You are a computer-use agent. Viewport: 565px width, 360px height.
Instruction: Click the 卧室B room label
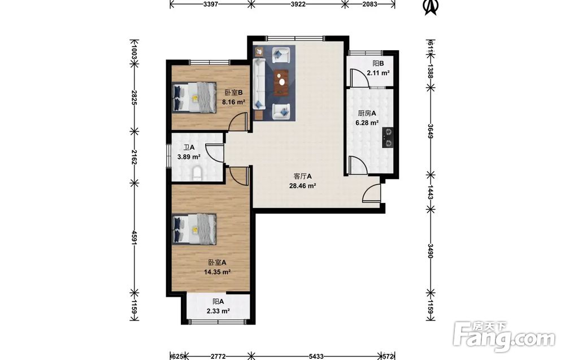pyautogui.click(x=233, y=93)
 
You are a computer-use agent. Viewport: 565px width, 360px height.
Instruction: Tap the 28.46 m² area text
pyautogui.click(x=303, y=186)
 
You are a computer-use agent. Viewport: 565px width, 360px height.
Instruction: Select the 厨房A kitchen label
pyautogui.click(x=367, y=113)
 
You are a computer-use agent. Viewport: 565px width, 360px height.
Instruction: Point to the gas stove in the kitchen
pyautogui.click(x=388, y=138)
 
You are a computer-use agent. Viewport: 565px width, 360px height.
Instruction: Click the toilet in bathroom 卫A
pyautogui.click(x=197, y=174)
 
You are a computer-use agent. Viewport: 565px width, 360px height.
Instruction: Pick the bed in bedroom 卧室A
pyautogui.click(x=194, y=228)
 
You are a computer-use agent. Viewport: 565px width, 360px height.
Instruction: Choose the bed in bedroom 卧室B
pyautogui.click(x=194, y=97)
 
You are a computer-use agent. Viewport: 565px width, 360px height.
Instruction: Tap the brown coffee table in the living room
pyautogui.click(x=282, y=83)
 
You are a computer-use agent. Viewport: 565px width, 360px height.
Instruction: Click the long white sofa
pyautogui.click(x=259, y=84)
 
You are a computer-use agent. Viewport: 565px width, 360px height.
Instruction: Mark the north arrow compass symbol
pyautogui.click(x=430, y=8)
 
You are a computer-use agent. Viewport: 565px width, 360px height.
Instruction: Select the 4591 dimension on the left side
pyautogui.click(x=134, y=238)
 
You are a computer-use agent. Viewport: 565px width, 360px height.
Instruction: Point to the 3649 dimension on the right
pyautogui.click(x=430, y=131)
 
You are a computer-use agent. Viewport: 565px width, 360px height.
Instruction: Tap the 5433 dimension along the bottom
pyautogui.click(x=316, y=357)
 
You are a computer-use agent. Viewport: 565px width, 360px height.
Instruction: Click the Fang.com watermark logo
pyautogui.click(x=505, y=337)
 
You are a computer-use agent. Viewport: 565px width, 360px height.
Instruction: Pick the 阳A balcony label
pyautogui.click(x=218, y=302)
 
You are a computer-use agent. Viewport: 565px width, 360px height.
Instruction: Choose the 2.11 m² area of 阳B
pyautogui.click(x=379, y=73)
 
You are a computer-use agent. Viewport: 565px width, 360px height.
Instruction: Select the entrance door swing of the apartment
pyautogui.click(x=372, y=193)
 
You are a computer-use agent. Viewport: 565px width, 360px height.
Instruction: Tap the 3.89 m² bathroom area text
pyautogui.click(x=189, y=157)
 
